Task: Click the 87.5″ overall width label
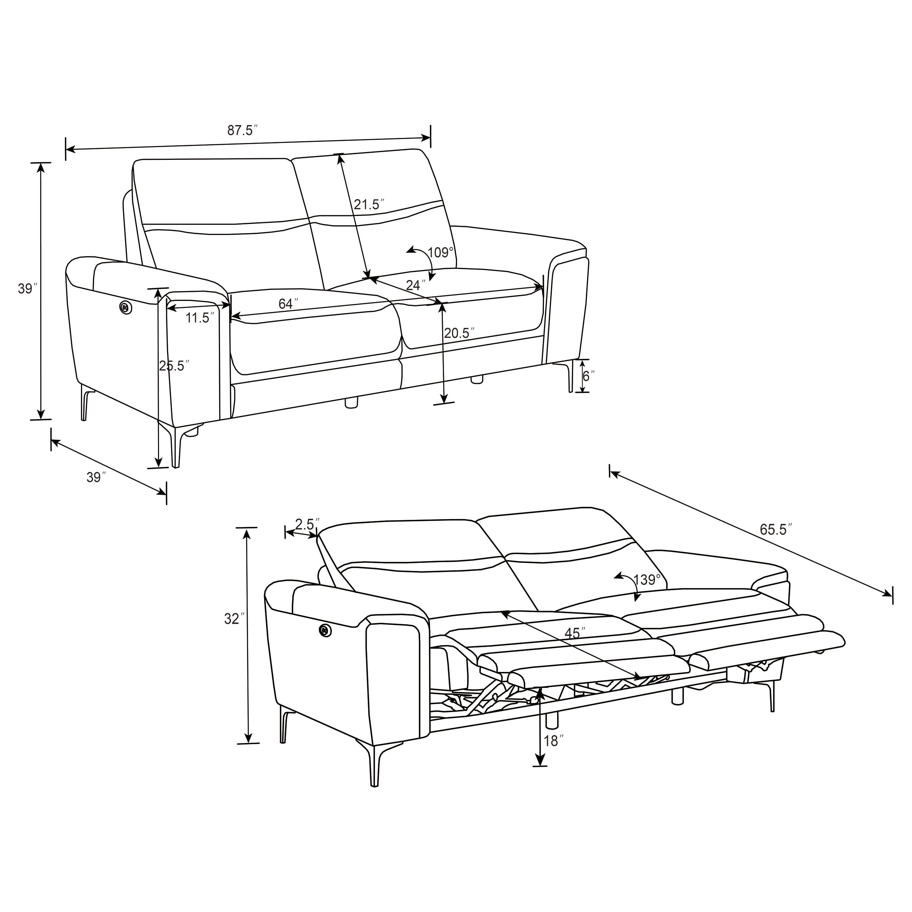pyautogui.click(x=242, y=130)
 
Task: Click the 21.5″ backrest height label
pyautogui.click(x=369, y=204)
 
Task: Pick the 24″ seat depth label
pyautogui.click(x=416, y=285)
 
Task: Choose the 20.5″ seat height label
pyautogui.click(x=459, y=333)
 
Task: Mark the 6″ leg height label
pyautogui.click(x=588, y=376)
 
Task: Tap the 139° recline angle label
pyautogui.click(x=647, y=580)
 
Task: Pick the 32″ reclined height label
pyautogui.click(x=234, y=618)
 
